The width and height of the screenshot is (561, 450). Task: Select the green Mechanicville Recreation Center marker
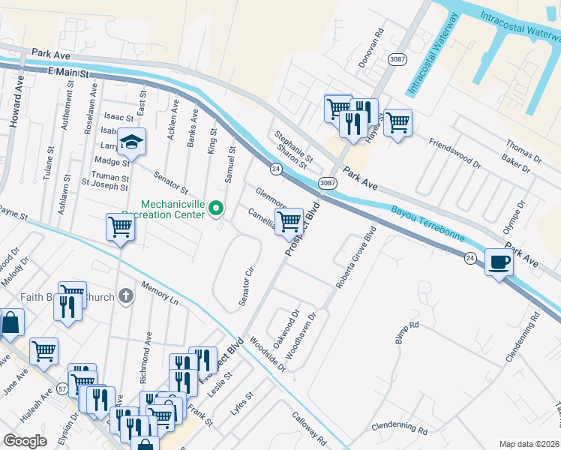[217, 208]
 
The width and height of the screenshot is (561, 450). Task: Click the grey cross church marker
[125, 295]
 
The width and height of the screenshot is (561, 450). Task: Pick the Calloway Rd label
[310, 429]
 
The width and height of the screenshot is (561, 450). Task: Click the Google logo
[25, 441]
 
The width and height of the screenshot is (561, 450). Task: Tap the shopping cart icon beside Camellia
[289, 220]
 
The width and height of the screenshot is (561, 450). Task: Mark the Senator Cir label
[246, 285]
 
